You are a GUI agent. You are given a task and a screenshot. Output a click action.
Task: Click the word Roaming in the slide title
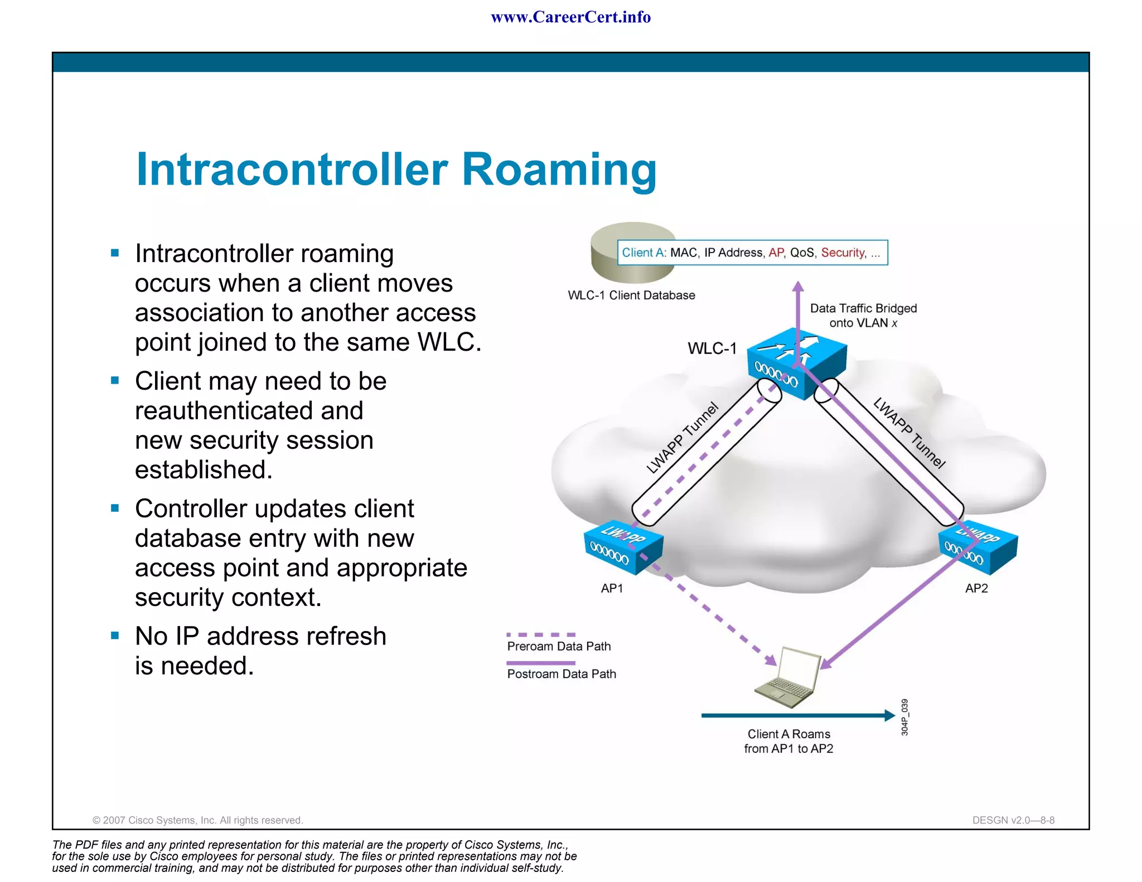click(x=559, y=169)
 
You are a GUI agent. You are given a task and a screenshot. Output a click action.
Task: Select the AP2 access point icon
click(x=978, y=549)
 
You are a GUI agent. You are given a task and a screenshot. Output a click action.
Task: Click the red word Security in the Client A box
click(x=843, y=253)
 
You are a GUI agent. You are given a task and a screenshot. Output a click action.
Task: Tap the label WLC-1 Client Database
click(x=631, y=295)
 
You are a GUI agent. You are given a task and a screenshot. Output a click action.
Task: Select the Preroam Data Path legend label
click(x=559, y=646)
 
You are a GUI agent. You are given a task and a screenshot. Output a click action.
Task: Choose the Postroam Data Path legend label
click(x=562, y=674)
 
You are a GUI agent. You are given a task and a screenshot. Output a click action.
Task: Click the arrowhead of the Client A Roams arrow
click(x=890, y=715)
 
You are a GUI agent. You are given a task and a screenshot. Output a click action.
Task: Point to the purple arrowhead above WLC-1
click(x=798, y=287)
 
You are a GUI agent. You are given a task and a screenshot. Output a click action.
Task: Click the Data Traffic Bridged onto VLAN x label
click(x=863, y=316)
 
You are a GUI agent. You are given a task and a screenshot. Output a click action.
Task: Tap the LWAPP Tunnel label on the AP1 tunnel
click(x=683, y=438)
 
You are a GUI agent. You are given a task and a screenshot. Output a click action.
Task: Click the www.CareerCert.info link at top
click(x=570, y=17)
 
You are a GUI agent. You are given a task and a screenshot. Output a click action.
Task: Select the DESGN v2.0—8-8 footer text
click(x=1013, y=820)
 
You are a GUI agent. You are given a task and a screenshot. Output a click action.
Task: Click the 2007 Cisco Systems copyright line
click(x=197, y=820)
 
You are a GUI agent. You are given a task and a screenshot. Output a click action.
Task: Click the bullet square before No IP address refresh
click(x=115, y=636)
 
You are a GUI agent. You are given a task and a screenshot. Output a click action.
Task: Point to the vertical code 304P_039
click(x=904, y=717)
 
